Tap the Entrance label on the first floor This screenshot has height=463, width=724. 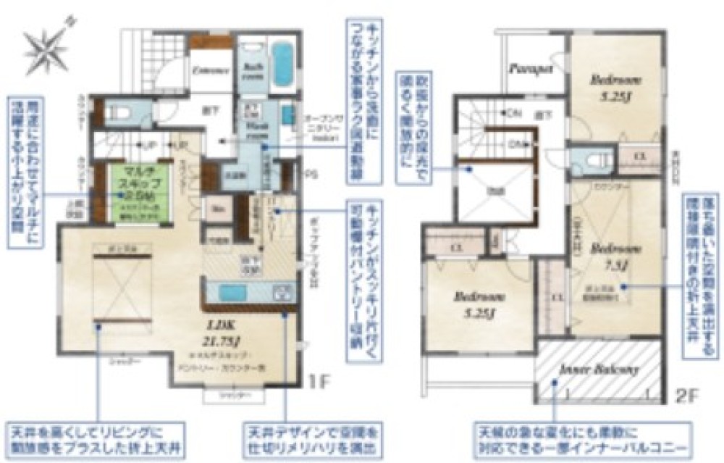(211, 71)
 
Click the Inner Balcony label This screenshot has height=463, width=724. (598, 370)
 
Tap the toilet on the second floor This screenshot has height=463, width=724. (588, 159)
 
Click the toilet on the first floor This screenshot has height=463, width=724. (119, 112)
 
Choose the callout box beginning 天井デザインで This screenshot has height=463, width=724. (312, 439)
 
